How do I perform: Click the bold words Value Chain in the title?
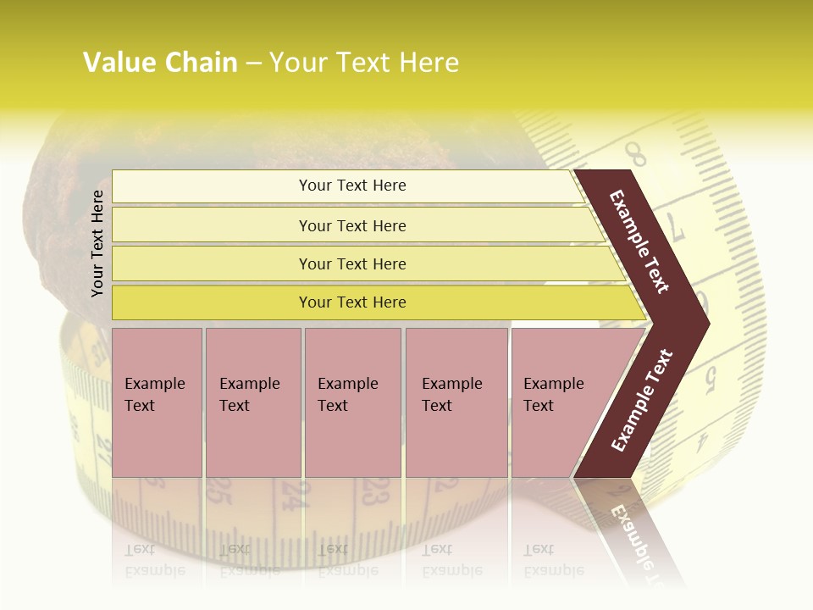(x=160, y=63)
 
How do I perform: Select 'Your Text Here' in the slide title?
(x=364, y=63)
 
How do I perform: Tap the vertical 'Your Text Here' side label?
(x=97, y=243)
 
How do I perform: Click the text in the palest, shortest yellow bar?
(x=352, y=186)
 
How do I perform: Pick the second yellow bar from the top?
(x=352, y=225)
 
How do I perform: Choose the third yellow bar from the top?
(x=352, y=263)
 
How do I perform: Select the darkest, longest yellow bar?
(x=352, y=302)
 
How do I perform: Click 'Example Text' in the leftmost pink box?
(x=154, y=395)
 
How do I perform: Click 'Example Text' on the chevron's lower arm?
(x=642, y=400)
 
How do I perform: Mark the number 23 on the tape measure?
(x=375, y=491)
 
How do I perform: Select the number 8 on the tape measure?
(x=636, y=155)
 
